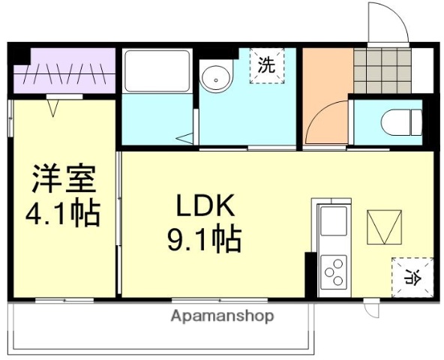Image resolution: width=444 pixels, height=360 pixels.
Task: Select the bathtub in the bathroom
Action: pos(157,72)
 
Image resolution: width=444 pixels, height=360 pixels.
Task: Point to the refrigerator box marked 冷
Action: pos(412,276)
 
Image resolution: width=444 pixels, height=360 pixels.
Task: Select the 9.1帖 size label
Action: pos(203,239)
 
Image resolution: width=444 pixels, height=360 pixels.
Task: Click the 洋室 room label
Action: pos(63,179)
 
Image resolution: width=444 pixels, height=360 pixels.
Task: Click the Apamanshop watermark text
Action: pos(222,316)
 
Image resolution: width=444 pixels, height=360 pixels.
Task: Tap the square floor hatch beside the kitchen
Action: pos(385,227)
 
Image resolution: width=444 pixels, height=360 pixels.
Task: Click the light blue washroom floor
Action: pos(247,112)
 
